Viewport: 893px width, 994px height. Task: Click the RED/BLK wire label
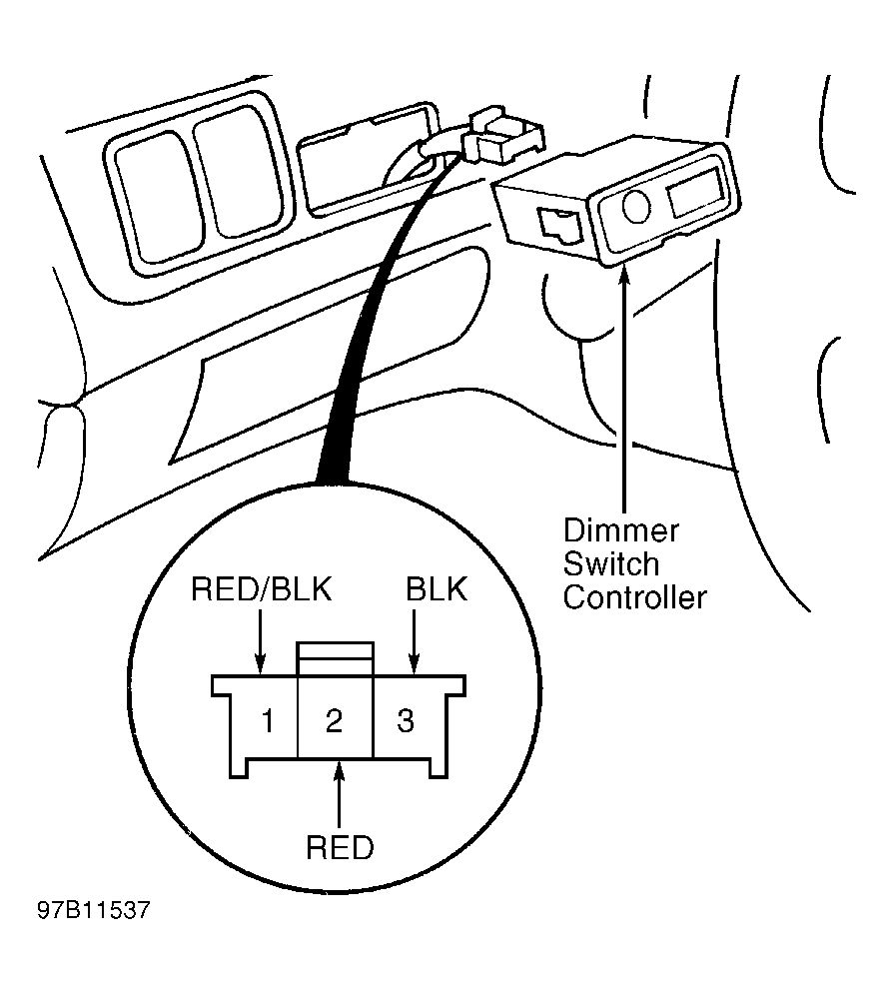261,589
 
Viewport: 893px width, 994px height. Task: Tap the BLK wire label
437,589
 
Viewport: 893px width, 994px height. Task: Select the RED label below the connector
340,847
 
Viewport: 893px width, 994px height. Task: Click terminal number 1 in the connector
268,721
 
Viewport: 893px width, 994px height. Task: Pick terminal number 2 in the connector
334,721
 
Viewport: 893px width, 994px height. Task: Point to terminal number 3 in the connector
406,721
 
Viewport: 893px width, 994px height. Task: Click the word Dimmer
621,530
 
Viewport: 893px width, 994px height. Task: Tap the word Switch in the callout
611,564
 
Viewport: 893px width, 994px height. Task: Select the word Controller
635,597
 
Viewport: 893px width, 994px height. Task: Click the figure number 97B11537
95,910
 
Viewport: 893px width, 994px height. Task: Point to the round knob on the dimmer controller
635,207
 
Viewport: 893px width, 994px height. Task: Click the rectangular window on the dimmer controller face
695,191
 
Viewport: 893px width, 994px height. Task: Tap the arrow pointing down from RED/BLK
260,640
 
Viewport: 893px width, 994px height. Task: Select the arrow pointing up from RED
340,793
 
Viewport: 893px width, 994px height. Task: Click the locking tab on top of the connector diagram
335,658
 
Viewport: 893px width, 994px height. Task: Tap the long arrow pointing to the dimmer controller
624,388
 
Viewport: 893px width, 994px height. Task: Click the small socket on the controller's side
560,226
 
